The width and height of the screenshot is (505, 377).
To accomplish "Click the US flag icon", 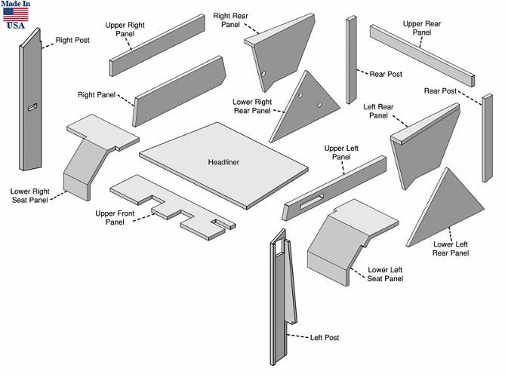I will [x=16, y=14].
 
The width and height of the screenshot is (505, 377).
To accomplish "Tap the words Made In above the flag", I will [x=16, y=5].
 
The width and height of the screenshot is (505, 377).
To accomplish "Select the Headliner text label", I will [x=223, y=162].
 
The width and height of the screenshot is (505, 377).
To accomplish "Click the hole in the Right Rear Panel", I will [x=263, y=74].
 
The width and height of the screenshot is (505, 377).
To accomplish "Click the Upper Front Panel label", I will [x=115, y=218].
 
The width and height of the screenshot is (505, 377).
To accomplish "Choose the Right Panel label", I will [x=96, y=95].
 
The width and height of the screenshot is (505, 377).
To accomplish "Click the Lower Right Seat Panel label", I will [x=31, y=195].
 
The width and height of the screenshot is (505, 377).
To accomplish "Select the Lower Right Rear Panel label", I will [x=252, y=106].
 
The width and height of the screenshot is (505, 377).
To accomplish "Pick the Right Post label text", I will [x=72, y=40].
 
